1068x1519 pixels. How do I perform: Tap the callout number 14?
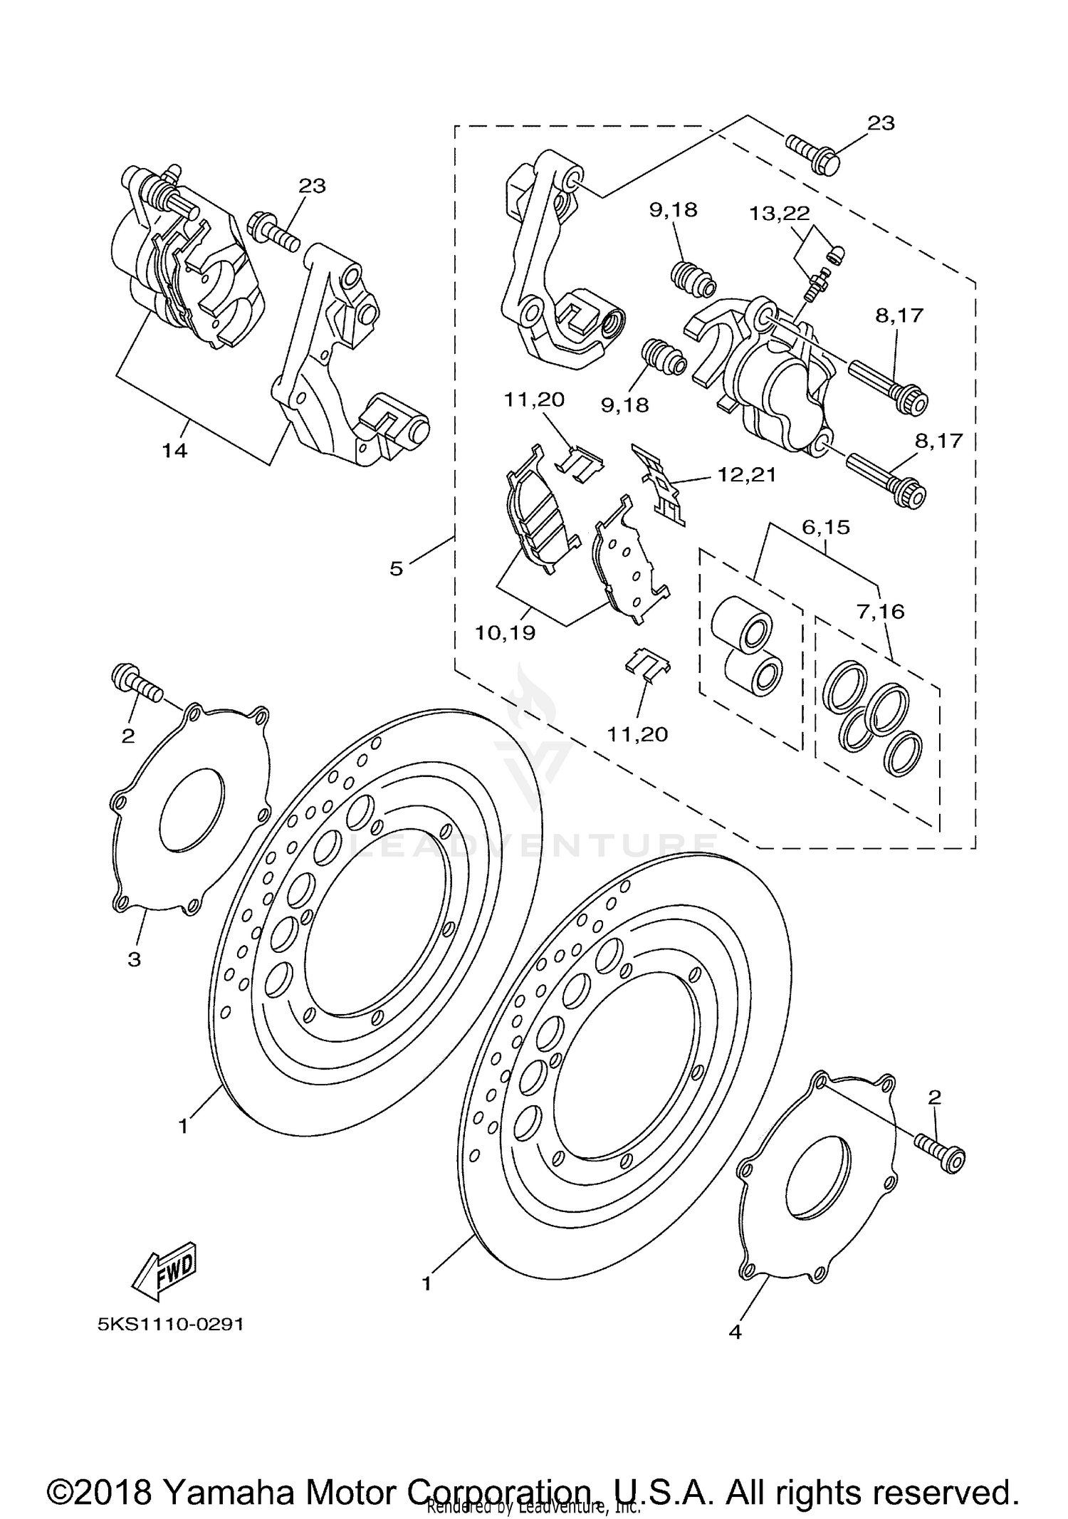coord(175,450)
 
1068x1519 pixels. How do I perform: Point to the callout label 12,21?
coord(746,474)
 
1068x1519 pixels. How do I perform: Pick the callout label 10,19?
coord(505,632)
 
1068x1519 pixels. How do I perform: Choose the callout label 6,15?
coord(826,528)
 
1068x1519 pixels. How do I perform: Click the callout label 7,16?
coord(880,611)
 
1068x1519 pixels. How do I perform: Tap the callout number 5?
coord(397,568)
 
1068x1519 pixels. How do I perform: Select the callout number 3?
coord(134,959)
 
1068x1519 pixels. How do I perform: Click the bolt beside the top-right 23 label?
coord(814,155)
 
